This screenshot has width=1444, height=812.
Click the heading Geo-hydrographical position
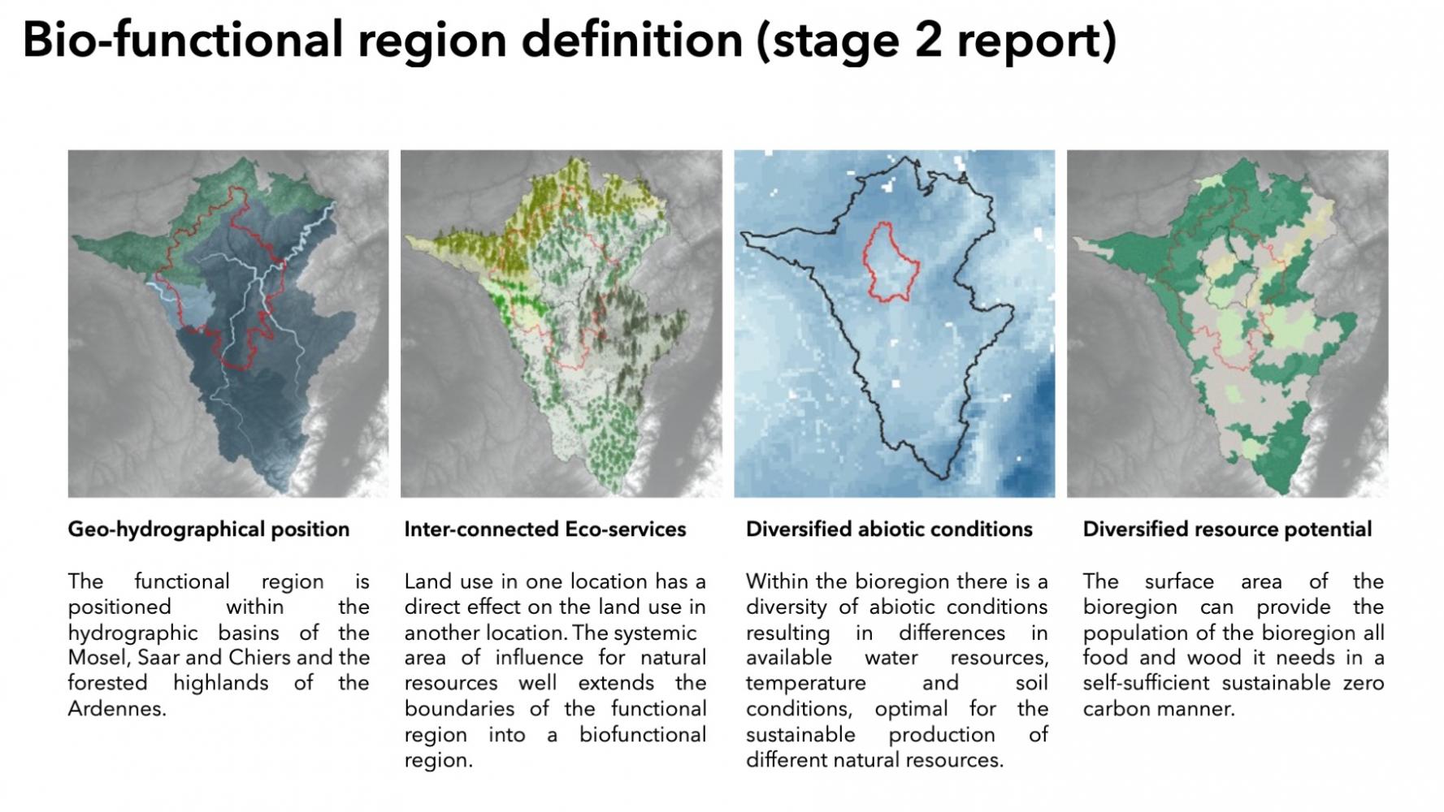pos(209,530)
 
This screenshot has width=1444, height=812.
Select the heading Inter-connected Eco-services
pos(545,530)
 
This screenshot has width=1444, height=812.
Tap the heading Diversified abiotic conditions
pos(889,530)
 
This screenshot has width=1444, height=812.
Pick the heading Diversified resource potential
pos(1227,530)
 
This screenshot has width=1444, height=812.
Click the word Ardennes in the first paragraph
pos(116,709)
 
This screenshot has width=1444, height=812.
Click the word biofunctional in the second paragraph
pos(642,735)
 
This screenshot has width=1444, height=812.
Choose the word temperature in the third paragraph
pos(805,684)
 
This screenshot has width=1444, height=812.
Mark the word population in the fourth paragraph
pos(1130,633)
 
